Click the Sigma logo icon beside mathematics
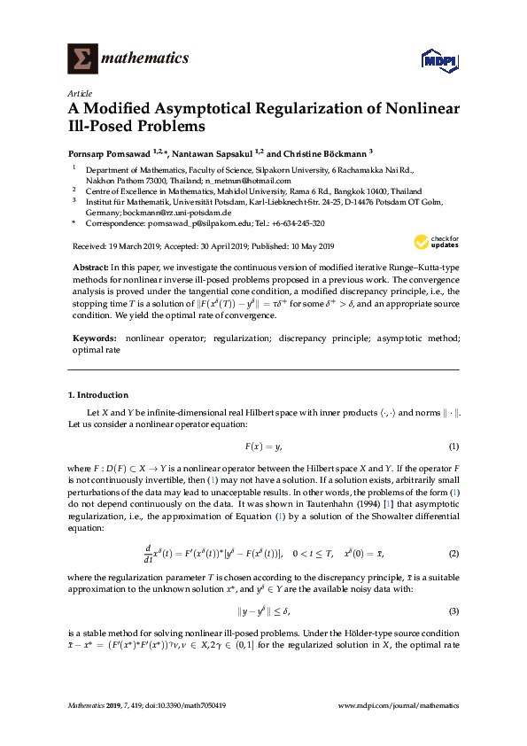(81, 58)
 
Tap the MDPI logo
(439, 60)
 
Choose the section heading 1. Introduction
(98, 395)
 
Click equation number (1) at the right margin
(453, 446)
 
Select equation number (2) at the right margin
(453, 554)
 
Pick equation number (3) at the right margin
(453, 611)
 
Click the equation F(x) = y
(263, 446)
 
